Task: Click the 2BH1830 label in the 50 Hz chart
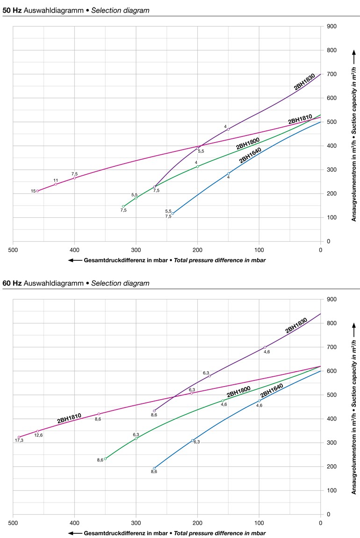click(x=304, y=81)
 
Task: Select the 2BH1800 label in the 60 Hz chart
click(x=238, y=392)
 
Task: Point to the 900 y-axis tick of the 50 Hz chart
click(x=332, y=26)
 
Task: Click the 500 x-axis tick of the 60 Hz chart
click(x=13, y=522)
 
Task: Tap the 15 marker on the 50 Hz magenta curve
click(x=37, y=191)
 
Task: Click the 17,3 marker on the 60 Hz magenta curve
click(x=19, y=437)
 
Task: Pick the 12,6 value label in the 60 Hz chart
click(x=38, y=436)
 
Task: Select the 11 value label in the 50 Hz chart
click(x=56, y=180)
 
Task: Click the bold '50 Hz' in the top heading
click(x=12, y=10)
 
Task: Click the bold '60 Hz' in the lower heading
click(x=12, y=283)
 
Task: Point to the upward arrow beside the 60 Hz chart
click(x=354, y=326)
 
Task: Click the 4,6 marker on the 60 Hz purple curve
click(x=265, y=347)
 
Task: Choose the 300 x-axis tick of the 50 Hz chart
click(x=136, y=249)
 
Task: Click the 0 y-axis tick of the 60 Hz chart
click(x=329, y=514)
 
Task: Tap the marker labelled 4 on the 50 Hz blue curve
click(x=228, y=174)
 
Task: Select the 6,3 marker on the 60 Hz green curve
click(x=136, y=438)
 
